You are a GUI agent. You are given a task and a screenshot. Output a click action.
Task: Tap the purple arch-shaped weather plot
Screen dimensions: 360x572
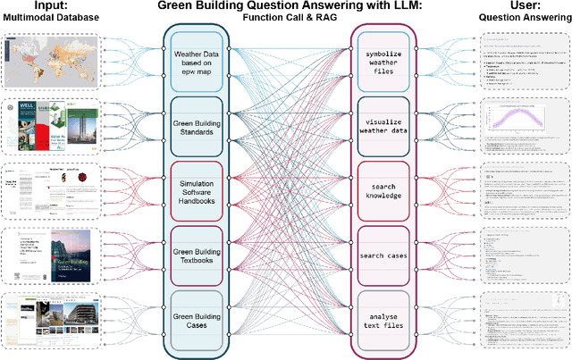(521, 126)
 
